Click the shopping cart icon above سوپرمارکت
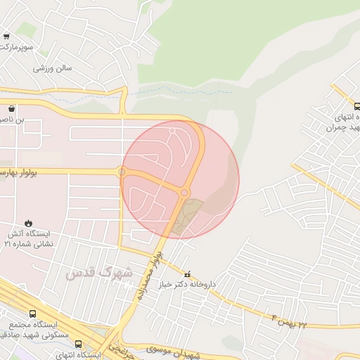pos(6,36)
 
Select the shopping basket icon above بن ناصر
pos(12,109)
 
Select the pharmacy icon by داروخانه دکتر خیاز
pos(186,274)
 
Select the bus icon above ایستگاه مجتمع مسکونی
pos(32,314)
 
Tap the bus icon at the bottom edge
pos(78,345)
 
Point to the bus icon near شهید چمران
pos(356,106)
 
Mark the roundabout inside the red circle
pos(184,192)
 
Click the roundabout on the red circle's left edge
pos(122,172)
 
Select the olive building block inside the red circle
pos(186,215)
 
